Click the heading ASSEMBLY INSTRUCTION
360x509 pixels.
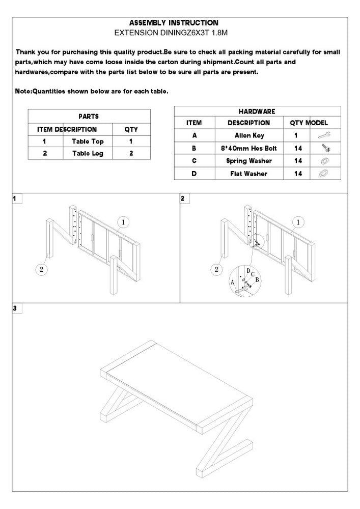pyautogui.click(x=174, y=23)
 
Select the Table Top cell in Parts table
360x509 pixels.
pyautogui.click(x=88, y=142)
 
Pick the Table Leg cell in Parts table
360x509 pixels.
pyautogui.click(x=88, y=153)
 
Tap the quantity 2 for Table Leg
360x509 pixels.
pyautogui.click(x=131, y=153)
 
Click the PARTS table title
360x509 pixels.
pyautogui.click(x=89, y=117)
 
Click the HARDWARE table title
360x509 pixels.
pyautogui.click(x=257, y=111)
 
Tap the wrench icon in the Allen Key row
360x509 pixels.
pyautogui.click(x=324, y=135)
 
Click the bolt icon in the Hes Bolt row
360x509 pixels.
pyautogui.click(x=324, y=148)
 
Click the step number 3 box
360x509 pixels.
pyautogui.click(x=16, y=308)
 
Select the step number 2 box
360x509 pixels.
pyautogui.click(x=183, y=199)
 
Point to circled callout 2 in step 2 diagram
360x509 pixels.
pyautogui.click(x=218, y=269)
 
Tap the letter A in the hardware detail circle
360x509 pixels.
pyautogui.click(x=233, y=280)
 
